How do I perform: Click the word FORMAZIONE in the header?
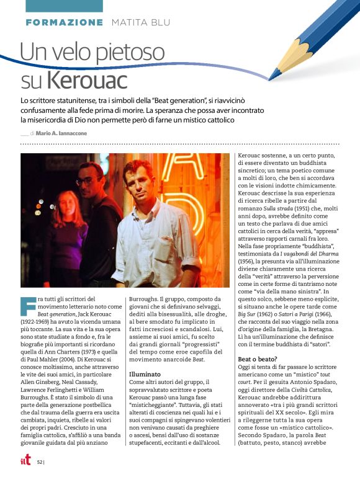[x=65, y=22]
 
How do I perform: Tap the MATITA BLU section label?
[x=140, y=22]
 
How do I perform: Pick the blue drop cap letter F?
[x=27, y=306]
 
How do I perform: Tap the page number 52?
[x=39, y=462]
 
